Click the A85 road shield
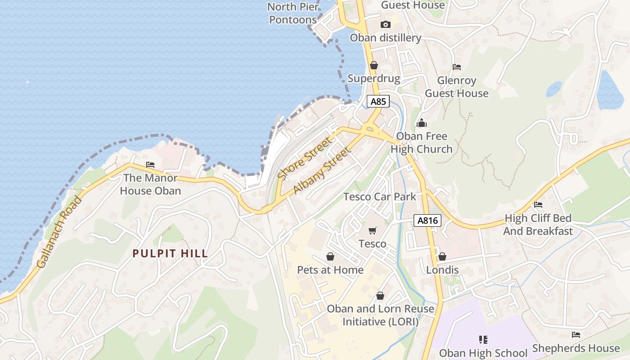378,101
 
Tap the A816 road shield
427,220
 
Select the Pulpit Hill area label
170,253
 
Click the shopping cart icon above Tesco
372,231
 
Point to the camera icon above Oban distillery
385,25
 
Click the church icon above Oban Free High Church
422,122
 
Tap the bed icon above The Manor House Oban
150,165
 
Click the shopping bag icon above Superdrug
373,66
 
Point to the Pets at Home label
330,270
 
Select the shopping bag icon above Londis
442,256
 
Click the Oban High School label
483,353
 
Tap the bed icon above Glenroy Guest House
457,67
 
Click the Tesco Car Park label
380,197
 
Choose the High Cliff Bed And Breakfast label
538,225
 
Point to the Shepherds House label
576,348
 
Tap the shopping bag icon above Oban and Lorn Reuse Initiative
380,296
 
